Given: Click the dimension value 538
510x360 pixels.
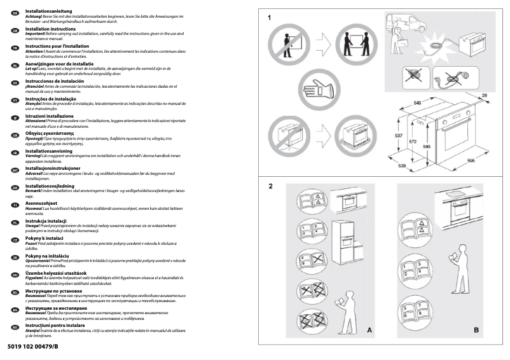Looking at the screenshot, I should pyautogui.click(x=403, y=166).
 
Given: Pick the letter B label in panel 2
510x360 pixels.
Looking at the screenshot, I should pyautogui.click(x=476, y=330).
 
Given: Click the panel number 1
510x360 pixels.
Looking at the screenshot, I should pyautogui.click(x=270, y=17).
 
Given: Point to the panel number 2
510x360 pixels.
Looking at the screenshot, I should pyautogui.click(x=270, y=186).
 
